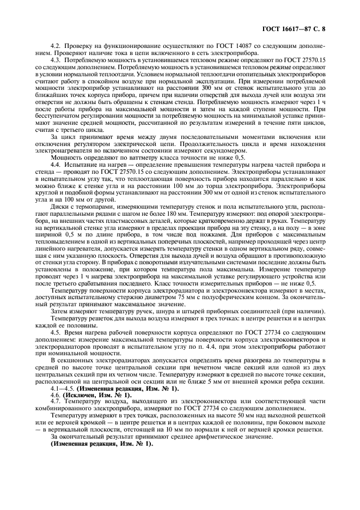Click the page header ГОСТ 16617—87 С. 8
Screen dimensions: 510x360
[x=304, y=26]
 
